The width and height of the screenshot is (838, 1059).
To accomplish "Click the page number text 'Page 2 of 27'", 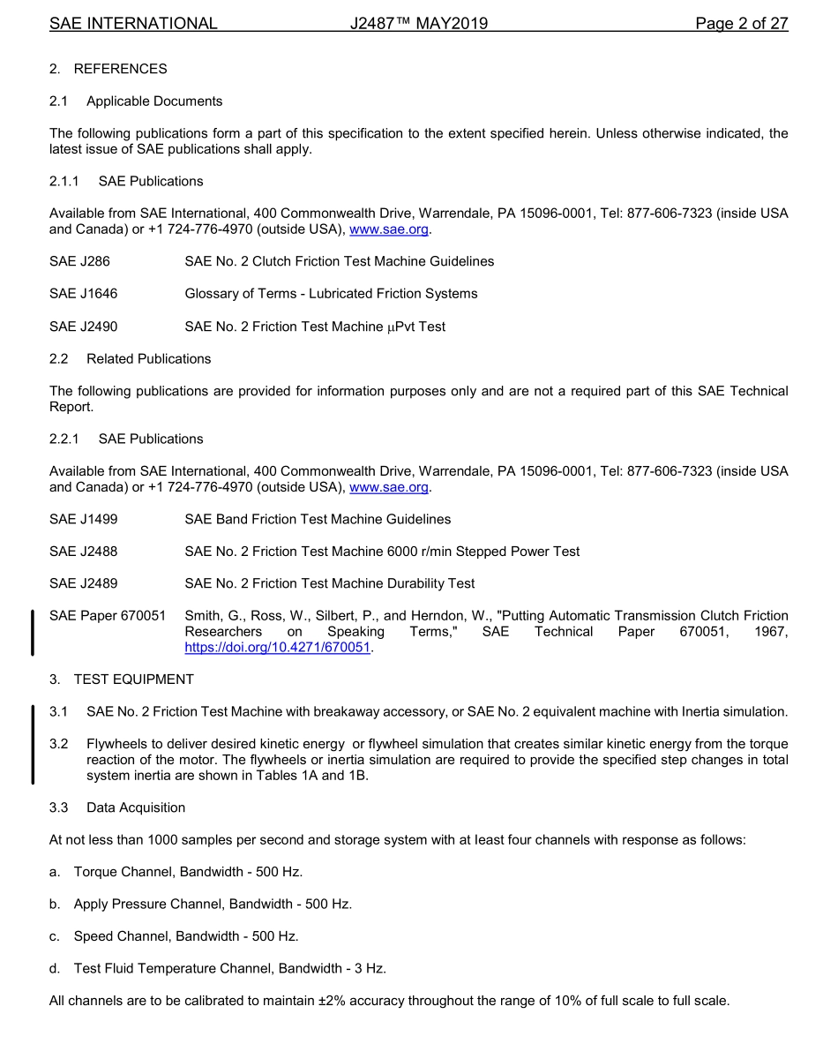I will pyautogui.click(x=741, y=24).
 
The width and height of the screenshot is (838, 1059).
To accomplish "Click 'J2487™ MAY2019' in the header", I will pyautogui.click(x=418, y=24).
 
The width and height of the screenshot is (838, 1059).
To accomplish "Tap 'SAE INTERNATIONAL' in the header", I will pyautogui.click(x=133, y=24).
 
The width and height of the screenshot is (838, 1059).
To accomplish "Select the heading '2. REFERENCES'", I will pyautogui.click(x=108, y=69).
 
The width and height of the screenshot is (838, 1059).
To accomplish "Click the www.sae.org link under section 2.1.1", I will pyautogui.click(x=389, y=229).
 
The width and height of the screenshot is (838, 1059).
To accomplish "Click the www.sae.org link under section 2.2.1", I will pyautogui.click(x=389, y=487).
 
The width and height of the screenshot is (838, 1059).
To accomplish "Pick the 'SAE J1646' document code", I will pyautogui.click(x=83, y=294).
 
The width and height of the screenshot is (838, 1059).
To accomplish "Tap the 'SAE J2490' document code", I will pyautogui.click(x=83, y=327).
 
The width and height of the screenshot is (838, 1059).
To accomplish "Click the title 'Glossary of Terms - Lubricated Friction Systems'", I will pyautogui.click(x=331, y=294).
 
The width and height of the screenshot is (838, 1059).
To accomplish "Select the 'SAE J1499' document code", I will pyautogui.click(x=83, y=519).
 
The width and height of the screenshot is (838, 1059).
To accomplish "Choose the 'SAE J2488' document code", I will pyautogui.click(x=83, y=552).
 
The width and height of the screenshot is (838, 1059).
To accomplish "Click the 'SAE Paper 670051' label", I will pyautogui.click(x=107, y=616).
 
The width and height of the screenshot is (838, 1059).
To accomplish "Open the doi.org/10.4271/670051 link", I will pyautogui.click(x=277, y=648).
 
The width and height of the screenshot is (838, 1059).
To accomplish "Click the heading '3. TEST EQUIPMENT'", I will pyautogui.click(x=121, y=680).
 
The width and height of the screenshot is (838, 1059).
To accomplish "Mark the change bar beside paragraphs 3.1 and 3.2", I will pyautogui.click(x=33, y=744).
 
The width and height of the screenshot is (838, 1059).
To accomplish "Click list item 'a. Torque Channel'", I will pyautogui.click(x=176, y=872).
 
